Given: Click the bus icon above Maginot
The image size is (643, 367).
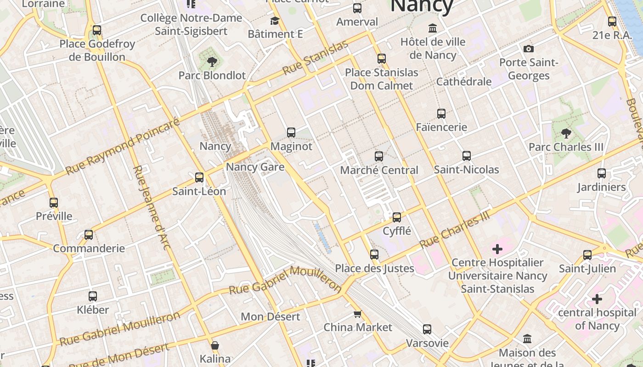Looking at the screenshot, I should pyautogui.click(x=291, y=133).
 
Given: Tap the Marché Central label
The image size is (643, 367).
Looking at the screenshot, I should pyautogui.click(x=379, y=170).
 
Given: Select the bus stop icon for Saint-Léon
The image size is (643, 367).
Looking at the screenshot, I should pyautogui.click(x=199, y=178).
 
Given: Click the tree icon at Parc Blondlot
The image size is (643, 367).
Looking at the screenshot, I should pyautogui.click(x=212, y=61).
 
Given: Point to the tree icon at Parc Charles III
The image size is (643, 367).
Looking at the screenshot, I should pyautogui.click(x=566, y=133).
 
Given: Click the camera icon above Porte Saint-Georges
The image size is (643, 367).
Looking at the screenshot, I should pyautogui.click(x=529, y=49).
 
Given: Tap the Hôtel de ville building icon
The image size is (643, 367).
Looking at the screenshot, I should pyautogui.click(x=433, y=28).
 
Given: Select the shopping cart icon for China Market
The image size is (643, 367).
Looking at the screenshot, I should pyautogui.click(x=357, y=314).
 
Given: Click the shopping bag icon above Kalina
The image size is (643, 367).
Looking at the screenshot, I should pyautogui.click(x=215, y=345).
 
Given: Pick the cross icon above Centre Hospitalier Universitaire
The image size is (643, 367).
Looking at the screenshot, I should pyautogui.click(x=497, y=250).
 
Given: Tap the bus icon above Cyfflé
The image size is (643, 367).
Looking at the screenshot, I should pyautogui.click(x=397, y=217).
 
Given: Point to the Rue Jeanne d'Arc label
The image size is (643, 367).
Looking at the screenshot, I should pyautogui.click(x=152, y=207).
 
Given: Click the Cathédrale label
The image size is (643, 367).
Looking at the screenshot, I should pyautogui.click(x=464, y=82).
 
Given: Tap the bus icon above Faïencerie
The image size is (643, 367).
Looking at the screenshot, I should pyautogui.click(x=441, y=114).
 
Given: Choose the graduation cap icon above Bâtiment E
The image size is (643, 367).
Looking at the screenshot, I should pyautogui.click(x=275, y=21).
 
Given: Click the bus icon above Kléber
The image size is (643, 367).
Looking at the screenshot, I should pyautogui.click(x=93, y=296).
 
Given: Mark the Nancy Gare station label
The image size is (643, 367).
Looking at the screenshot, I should pyautogui.click(x=255, y=167).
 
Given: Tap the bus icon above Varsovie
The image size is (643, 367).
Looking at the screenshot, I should pyautogui.click(x=427, y=329).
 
